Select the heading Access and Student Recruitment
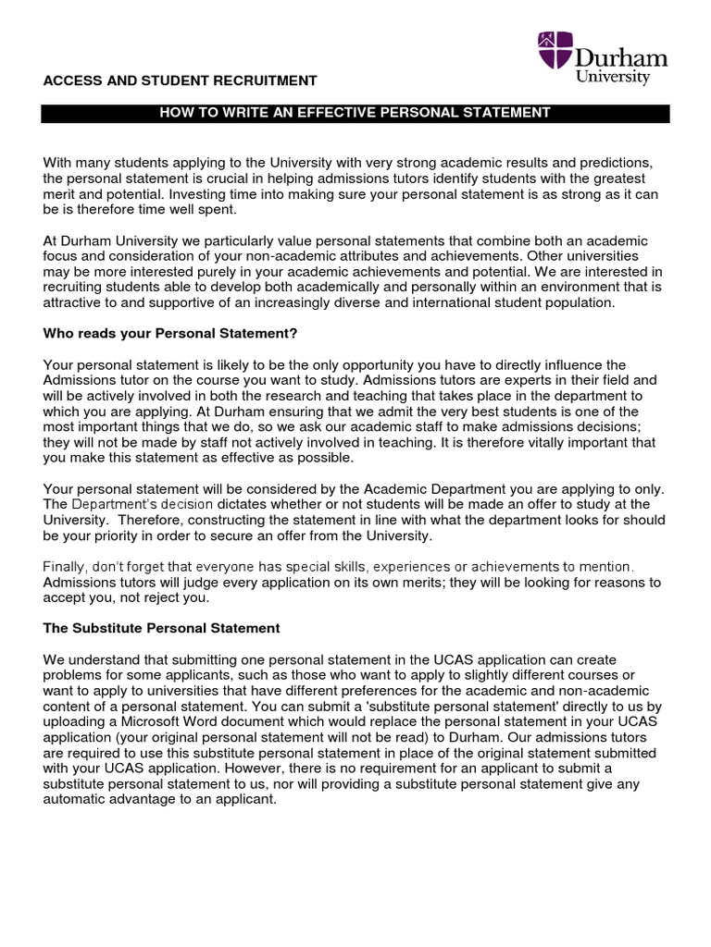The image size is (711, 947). (x=181, y=80)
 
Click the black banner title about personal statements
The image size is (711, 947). (x=355, y=113)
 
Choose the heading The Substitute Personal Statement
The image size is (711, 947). (x=161, y=628)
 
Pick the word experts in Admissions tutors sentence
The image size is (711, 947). (x=506, y=379)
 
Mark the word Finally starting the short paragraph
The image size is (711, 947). (x=66, y=565)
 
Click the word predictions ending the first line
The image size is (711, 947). (x=624, y=163)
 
